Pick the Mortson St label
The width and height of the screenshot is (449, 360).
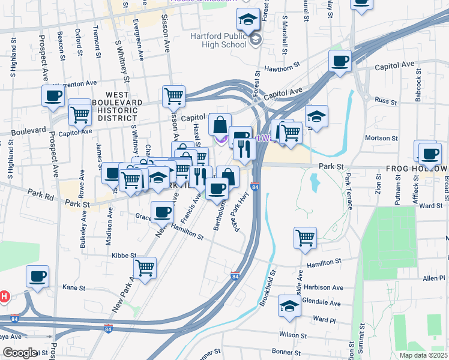[378, 138]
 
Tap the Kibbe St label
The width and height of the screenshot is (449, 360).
[124, 256]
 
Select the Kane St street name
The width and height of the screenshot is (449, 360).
[74, 288]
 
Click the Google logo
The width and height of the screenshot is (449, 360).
[20, 353]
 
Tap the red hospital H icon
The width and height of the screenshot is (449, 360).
[4, 296]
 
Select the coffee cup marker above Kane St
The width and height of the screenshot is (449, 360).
[38, 277]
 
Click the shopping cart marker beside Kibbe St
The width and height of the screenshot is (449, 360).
[145, 268]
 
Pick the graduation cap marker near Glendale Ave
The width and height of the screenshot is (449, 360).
[289, 307]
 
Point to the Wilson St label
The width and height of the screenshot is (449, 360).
[292, 334]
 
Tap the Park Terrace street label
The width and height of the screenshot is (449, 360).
[348, 187]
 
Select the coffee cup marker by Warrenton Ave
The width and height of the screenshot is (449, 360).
[53, 95]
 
